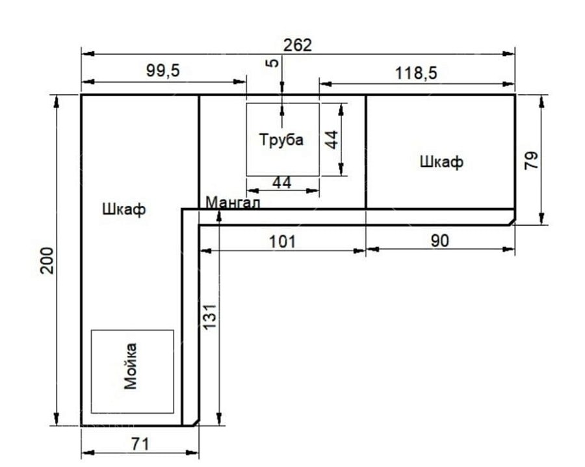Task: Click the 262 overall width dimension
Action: [x=297, y=45]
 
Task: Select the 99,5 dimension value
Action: [x=163, y=70]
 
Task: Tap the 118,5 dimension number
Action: [x=416, y=73]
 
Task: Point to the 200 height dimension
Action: [x=47, y=260]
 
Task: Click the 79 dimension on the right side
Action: [x=531, y=161]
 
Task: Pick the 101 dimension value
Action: [x=283, y=241]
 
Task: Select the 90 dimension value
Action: [x=440, y=241]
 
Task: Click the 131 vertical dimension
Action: [x=210, y=317]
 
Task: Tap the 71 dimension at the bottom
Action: [x=140, y=444]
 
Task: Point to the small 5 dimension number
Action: [x=273, y=62]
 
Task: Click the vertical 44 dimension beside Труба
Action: [x=331, y=140]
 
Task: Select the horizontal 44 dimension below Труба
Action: [x=282, y=183]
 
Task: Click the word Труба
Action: [x=281, y=140]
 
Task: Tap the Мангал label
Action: [x=233, y=203]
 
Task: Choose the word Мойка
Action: [x=130, y=366]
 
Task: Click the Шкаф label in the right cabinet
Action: [x=442, y=162]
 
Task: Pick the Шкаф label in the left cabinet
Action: [x=124, y=209]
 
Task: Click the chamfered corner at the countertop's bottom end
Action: [x=196, y=422]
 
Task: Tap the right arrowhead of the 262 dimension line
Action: [x=509, y=54]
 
